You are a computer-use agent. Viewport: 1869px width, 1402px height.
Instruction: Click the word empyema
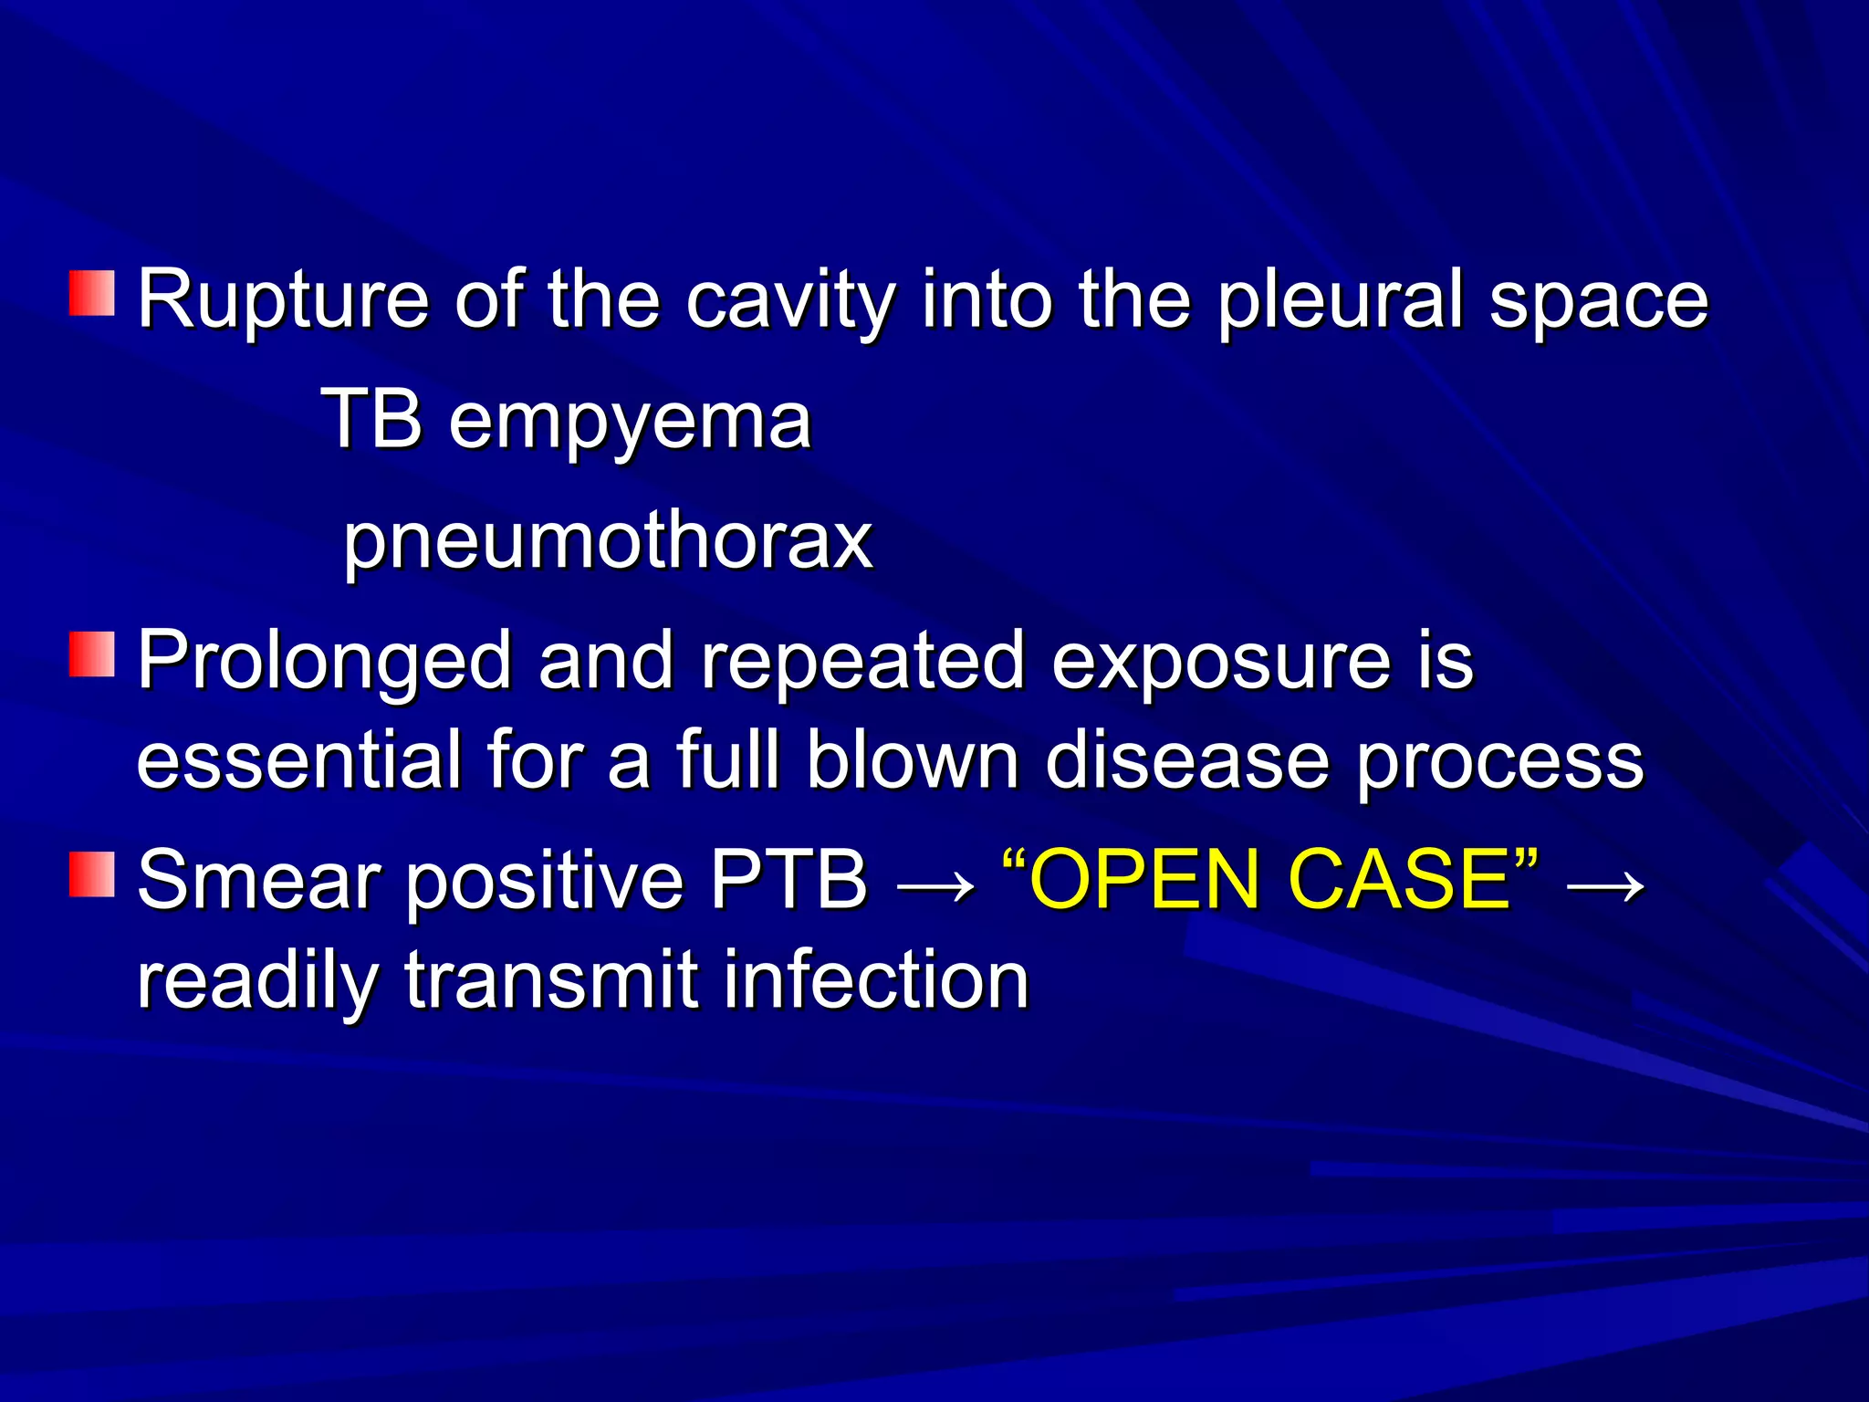(x=630, y=422)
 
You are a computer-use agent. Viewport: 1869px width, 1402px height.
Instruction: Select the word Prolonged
(x=324, y=663)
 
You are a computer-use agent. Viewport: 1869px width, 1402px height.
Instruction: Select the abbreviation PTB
(x=788, y=880)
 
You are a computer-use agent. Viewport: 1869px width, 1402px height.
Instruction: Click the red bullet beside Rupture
(x=91, y=293)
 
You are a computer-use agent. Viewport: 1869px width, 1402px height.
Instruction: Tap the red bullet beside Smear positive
(x=91, y=874)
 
